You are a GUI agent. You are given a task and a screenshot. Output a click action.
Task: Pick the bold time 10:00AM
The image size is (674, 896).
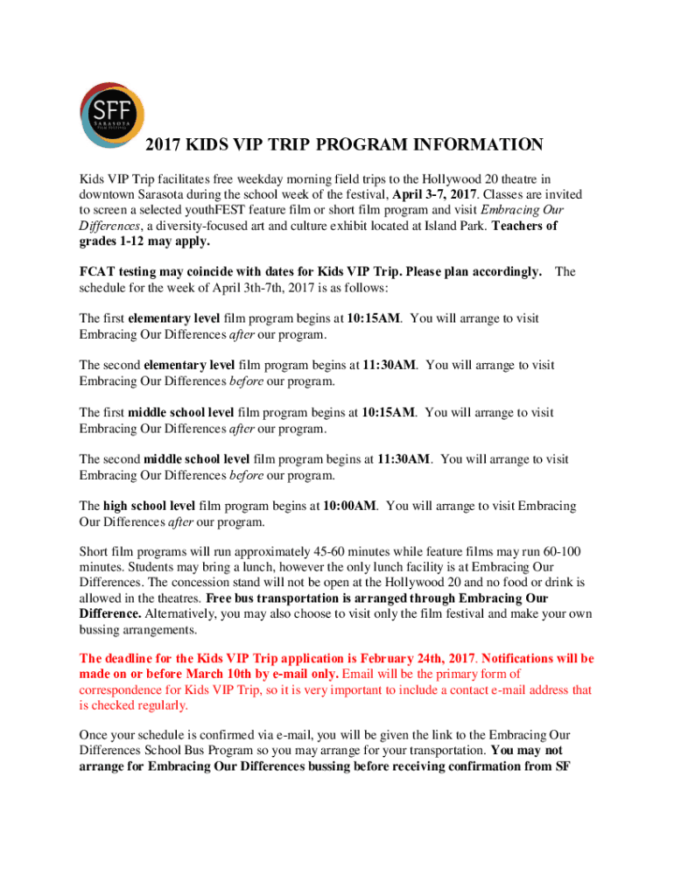(x=350, y=506)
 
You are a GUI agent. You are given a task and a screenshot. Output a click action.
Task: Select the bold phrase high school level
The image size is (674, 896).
(x=149, y=506)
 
